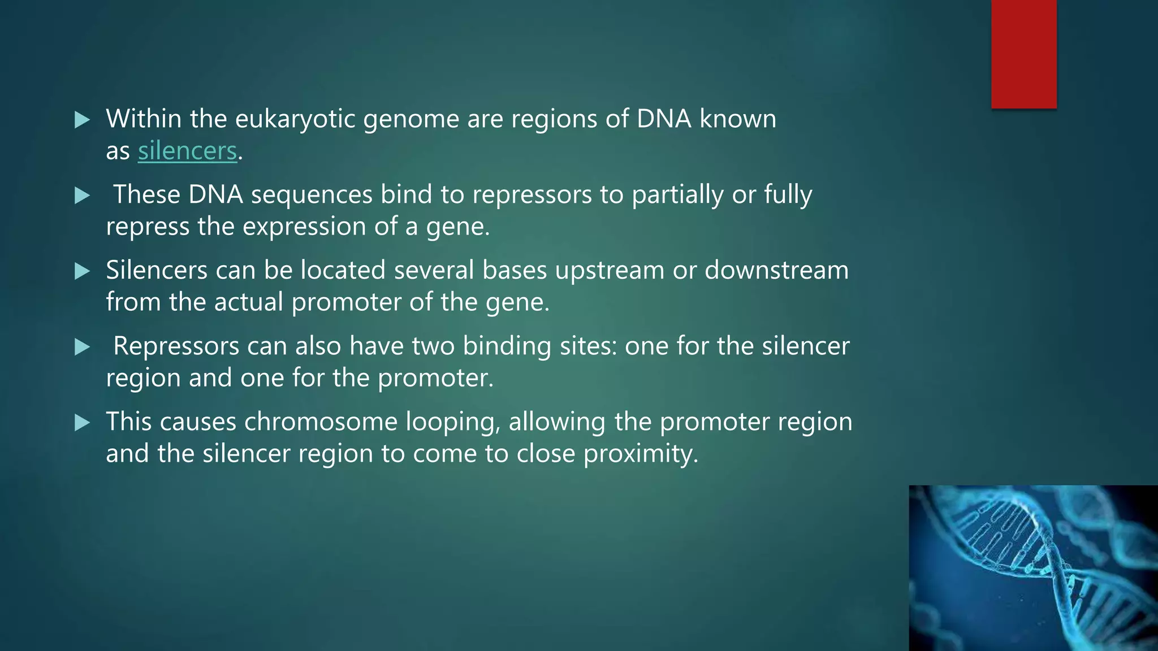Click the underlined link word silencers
click(x=187, y=151)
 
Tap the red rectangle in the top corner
click(x=1023, y=54)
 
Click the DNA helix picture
click(x=1033, y=567)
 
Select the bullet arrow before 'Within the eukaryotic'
click(x=83, y=120)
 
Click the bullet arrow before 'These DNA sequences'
click(x=83, y=196)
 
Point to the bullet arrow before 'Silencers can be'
click(x=83, y=271)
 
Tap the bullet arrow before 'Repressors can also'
click(x=83, y=347)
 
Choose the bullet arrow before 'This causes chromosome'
click(x=83, y=423)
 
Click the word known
click(x=737, y=119)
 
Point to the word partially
click(x=677, y=195)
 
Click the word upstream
click(x=609, y=271)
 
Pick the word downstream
click(x=776, y=270)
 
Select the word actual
click(x=248, y=302)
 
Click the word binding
click(x=507, y=346)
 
